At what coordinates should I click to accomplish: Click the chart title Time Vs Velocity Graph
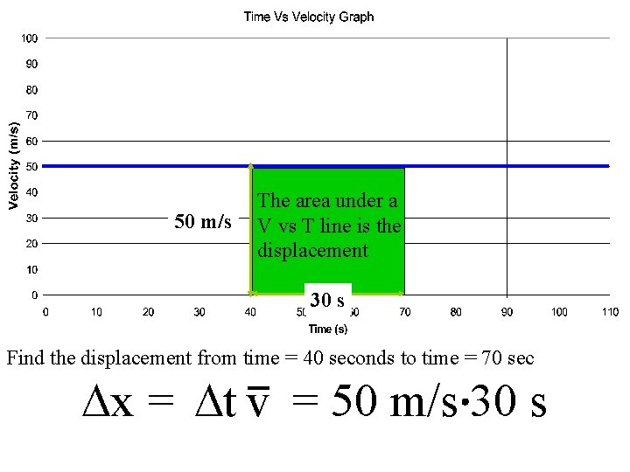pyautogui.click(x=308, y=17)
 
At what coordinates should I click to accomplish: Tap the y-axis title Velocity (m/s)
pyautogui.click(x=14, y=163)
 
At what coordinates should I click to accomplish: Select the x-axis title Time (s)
pyautogui.click(x=327, y=329)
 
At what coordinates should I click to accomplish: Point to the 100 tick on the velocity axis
pyautogui.click(x=30, y=38)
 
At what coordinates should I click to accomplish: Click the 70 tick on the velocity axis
pyautogui.click(x=31, y=115)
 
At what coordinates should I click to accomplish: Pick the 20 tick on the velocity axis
pyautogui.click(x=31, y=244)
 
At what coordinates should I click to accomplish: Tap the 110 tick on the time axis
pyautogui.click(x=610, y=312)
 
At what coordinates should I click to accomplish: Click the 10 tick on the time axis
pyautogui.click(x=96, y=312)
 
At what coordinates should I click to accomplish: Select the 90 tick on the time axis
pyautogui.click(x=507, y=312)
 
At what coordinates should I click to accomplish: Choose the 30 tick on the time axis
pyautogui.click(x=199, y=312)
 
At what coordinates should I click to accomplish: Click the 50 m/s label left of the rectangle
pyautogui.click(x=203, y=222)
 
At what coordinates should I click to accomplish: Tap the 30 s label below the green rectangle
pyautogui.click(x=326, y=301)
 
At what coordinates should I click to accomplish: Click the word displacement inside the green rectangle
pyautogui.click(x=312, y=251)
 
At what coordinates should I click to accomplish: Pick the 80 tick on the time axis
pyautogui.click(x=456, y=312)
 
